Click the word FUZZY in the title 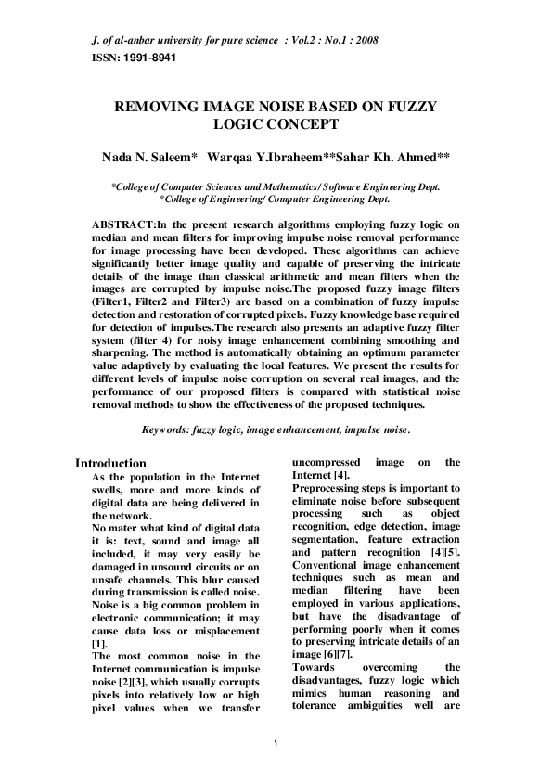point(411,108)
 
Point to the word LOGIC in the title point(239,123)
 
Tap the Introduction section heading point(110,464)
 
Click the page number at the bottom point(276,745)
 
